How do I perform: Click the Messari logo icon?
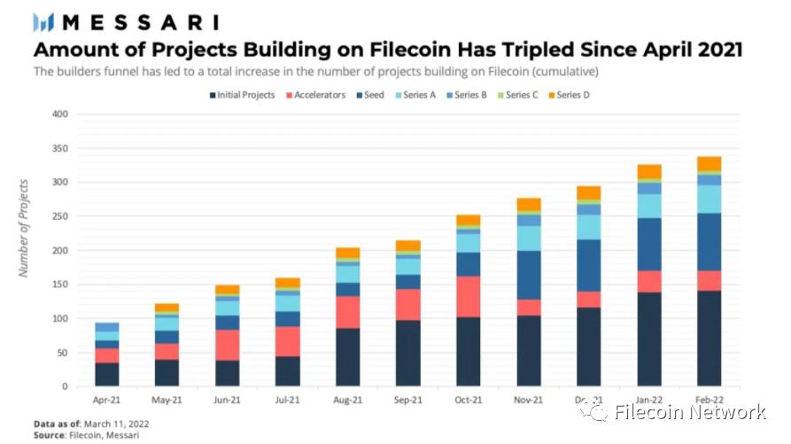click(43, 22)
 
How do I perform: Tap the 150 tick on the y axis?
click(59, 284)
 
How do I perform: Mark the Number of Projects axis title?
click(24, 228)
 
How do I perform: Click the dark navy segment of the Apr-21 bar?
click(106, 374)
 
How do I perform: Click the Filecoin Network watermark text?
click(689, 412)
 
